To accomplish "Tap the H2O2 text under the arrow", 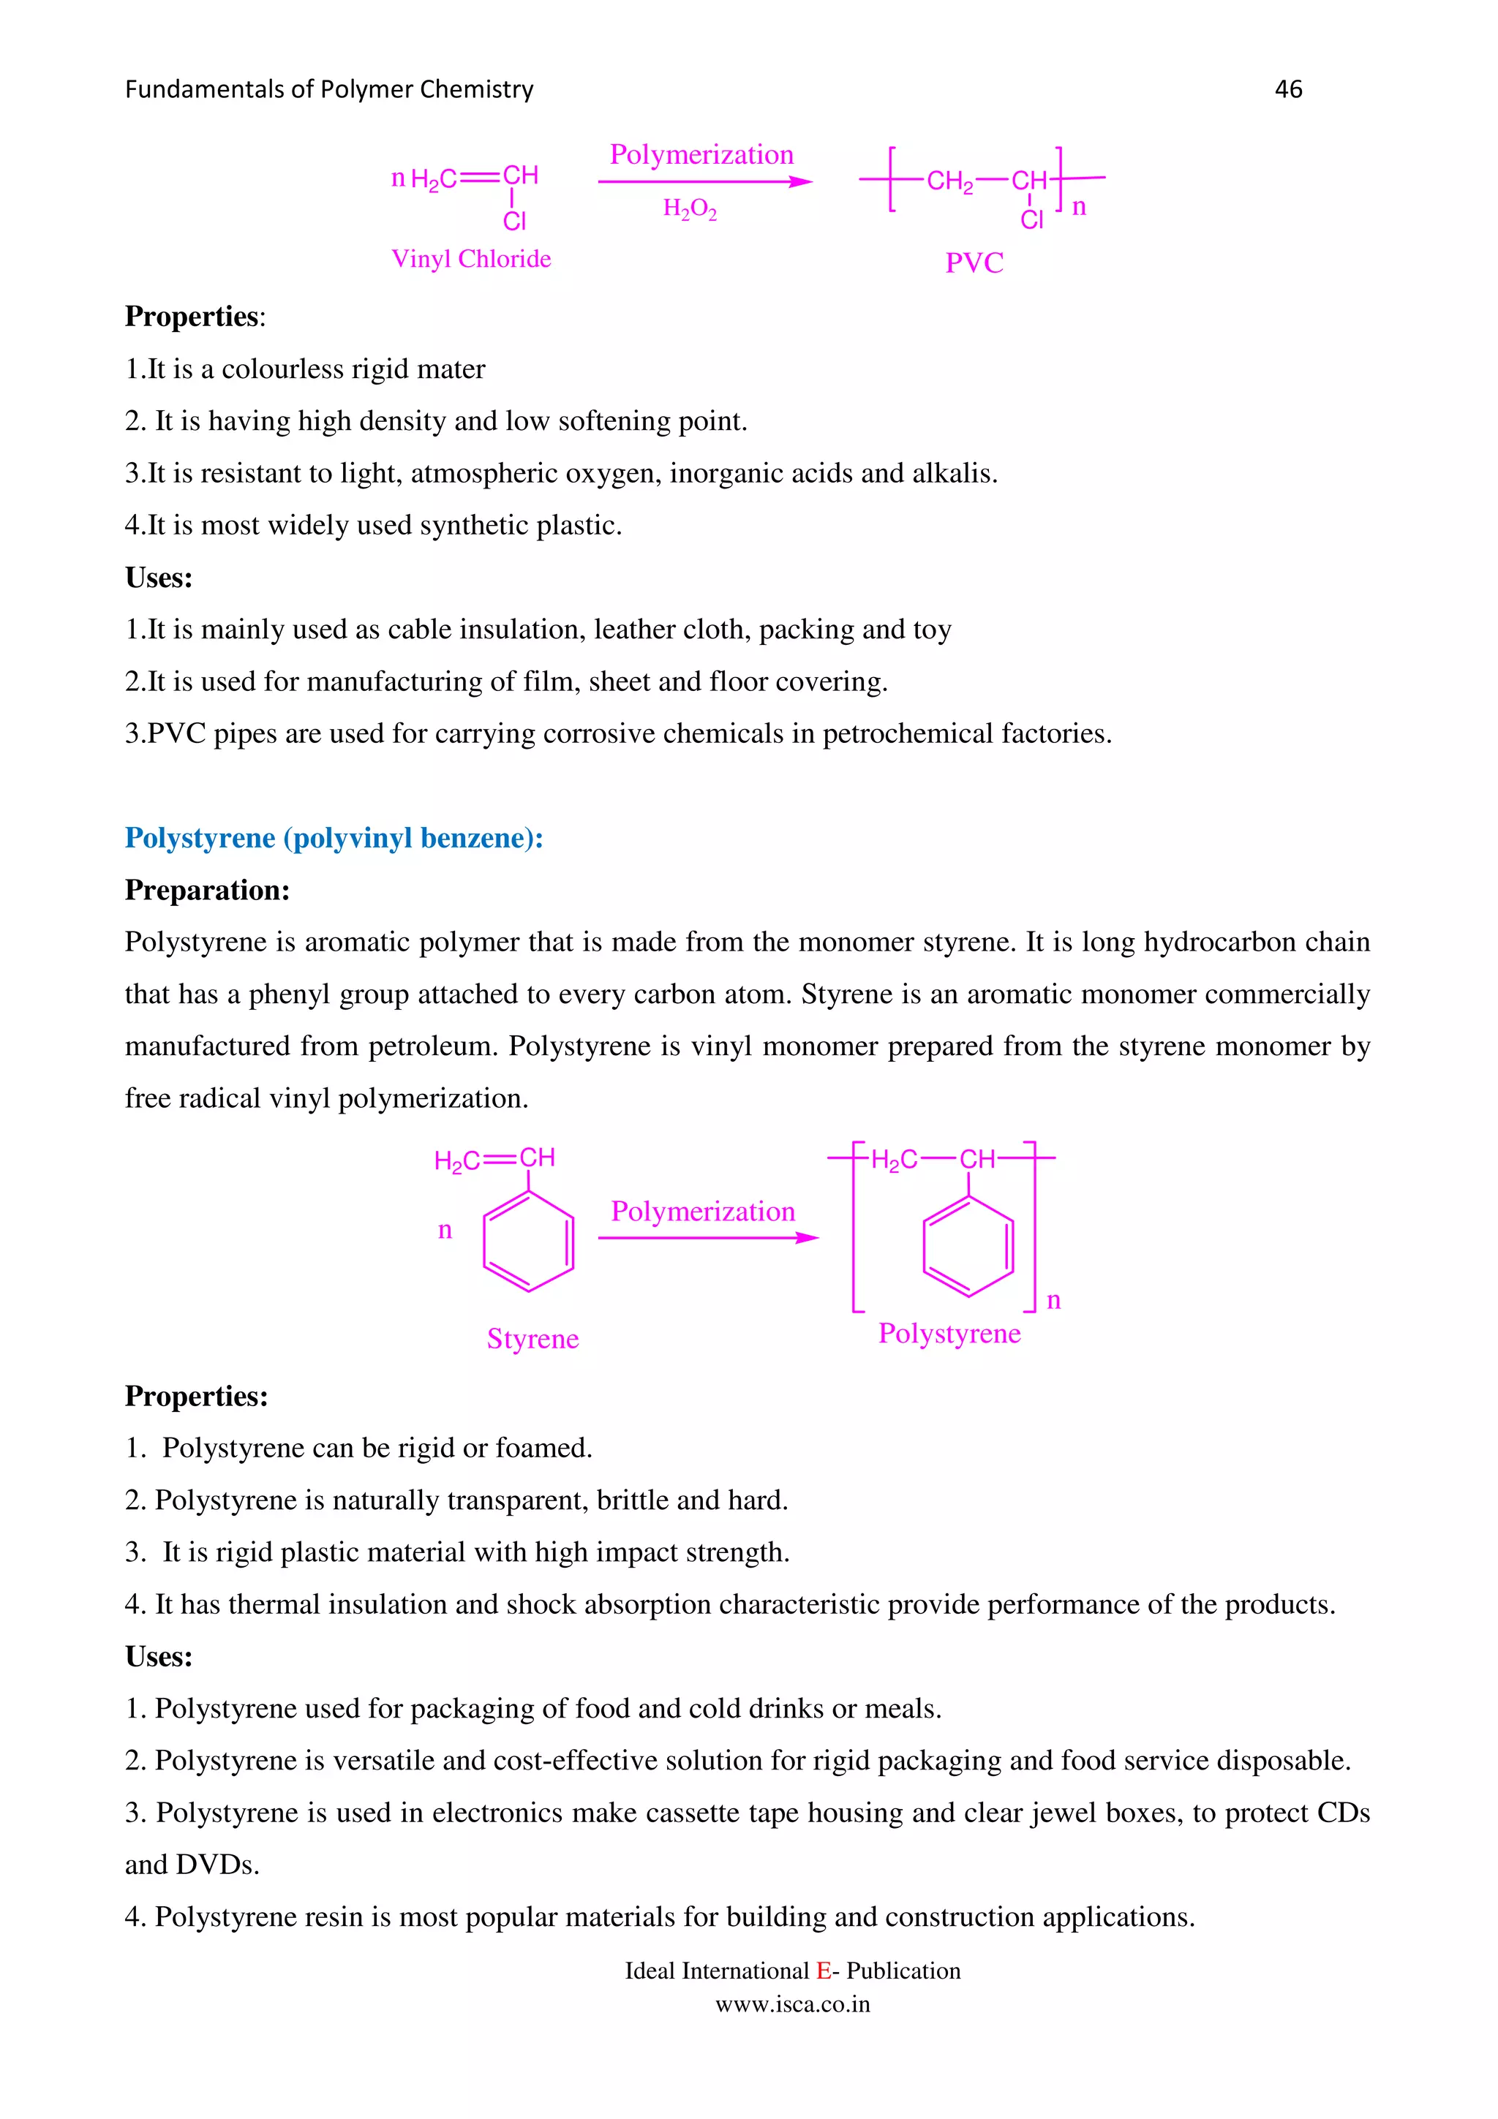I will point(690,210).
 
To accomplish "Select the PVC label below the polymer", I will point(974,263).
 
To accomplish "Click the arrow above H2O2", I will point(705,182).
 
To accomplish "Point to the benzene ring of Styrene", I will point(529,1242).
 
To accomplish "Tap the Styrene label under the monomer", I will point(532,1338).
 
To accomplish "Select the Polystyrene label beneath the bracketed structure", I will point(949,1334).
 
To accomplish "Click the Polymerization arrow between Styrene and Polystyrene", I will point(707,1238).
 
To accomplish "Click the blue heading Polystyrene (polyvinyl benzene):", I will point(334,838).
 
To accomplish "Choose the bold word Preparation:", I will point(208,891).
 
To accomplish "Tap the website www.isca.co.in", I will point(793,2004).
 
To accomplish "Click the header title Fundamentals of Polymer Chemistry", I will point(328,89).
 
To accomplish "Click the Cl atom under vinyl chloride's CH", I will point(514,222).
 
